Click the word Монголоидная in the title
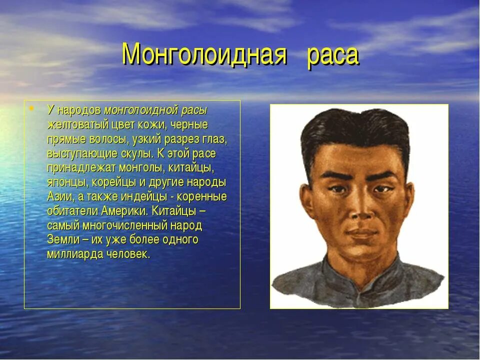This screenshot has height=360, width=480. tap(204, 54)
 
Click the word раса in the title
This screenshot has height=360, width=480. tap(332, 55)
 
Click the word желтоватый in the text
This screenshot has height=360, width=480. tap(71, 124)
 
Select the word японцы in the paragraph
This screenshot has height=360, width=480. tap(68, 182)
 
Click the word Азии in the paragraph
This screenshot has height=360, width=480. tap(60, 196)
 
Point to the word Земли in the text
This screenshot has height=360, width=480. tap(61, 239)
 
